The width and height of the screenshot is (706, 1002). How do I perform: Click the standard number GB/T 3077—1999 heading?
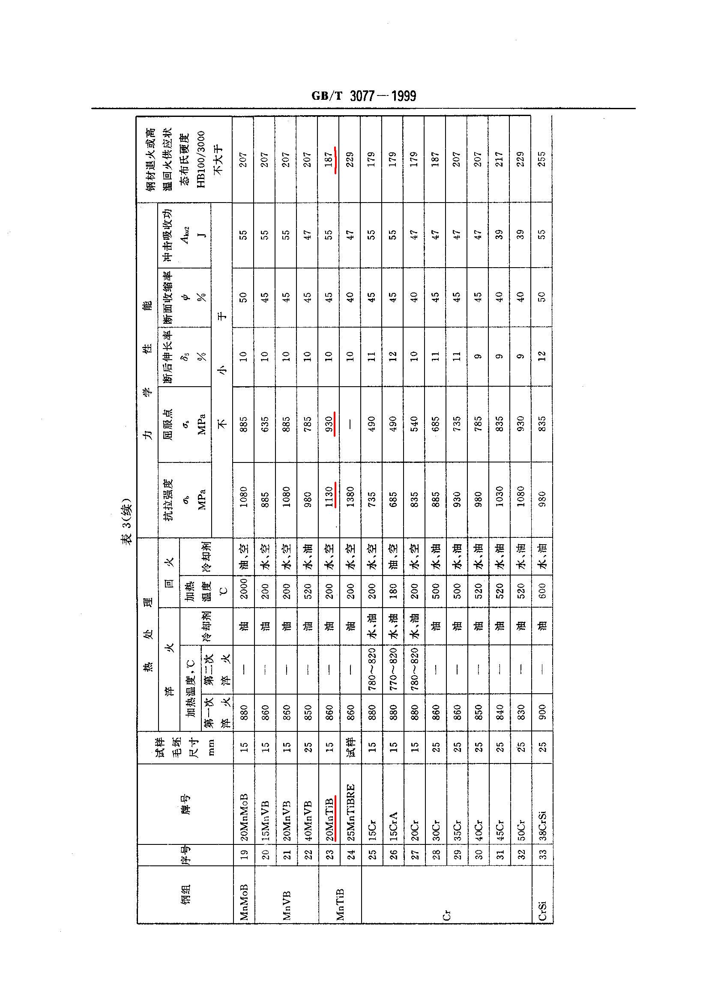[363, 96]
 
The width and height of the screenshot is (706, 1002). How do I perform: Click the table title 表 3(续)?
[127, 521]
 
